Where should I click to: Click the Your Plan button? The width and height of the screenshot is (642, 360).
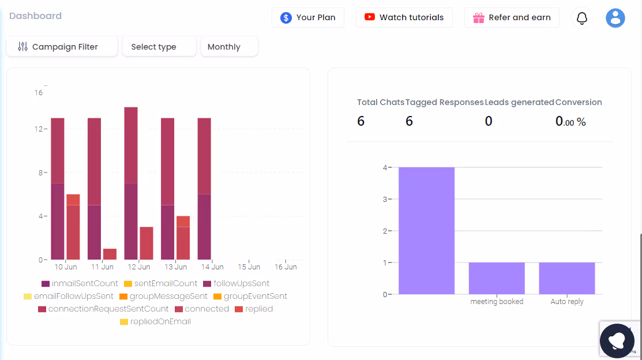click(x=307, y=17)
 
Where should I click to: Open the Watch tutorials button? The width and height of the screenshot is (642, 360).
click(x=404, y=17)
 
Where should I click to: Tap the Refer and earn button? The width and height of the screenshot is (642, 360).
click(x=512, y=17)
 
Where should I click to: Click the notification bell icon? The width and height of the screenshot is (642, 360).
click(x=582, y=18)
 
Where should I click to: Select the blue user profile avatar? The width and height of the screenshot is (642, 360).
click(x=615, y=18)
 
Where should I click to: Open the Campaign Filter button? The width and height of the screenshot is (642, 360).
click(x=62, y=47)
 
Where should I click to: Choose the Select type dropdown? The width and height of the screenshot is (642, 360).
click(x=159, y=47)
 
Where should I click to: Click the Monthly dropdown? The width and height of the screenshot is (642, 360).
click(x=228, y=47)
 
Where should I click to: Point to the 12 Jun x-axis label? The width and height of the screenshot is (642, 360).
click(x=139, y=267)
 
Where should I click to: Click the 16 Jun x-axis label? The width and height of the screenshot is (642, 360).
click(x=286, y=267)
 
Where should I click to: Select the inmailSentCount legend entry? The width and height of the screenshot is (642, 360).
click(x=80, y=284)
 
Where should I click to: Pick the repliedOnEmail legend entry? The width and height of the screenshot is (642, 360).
click(x=155, y=322)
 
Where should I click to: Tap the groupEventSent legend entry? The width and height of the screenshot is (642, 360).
click(x=250, y=297)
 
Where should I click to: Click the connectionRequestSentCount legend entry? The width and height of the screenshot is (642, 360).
click(x=103, y=309)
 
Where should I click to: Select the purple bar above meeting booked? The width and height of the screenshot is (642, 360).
click(x=497, y=278)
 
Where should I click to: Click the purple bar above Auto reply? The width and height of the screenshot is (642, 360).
click(x=566, y=278)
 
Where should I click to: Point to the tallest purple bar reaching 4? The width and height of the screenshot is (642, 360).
click(x=426, y=231)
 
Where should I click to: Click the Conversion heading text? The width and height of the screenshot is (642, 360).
click(x=579, y=102)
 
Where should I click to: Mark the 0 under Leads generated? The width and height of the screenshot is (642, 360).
click(x=489, y=121)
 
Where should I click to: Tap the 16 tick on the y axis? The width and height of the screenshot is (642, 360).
click(x=38, y=92)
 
